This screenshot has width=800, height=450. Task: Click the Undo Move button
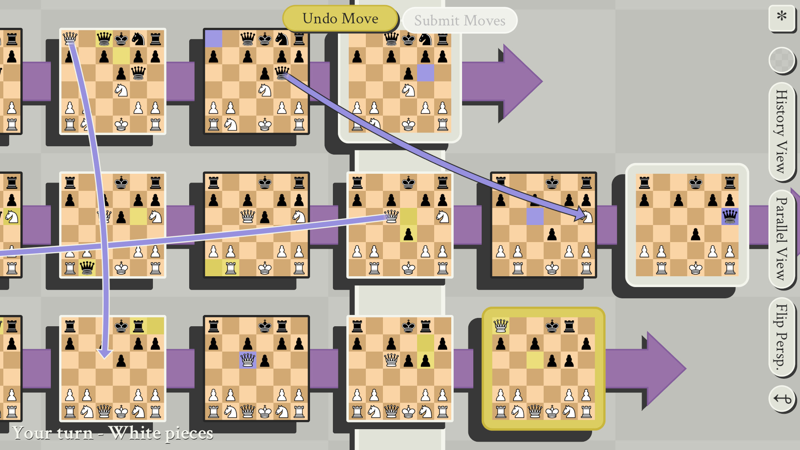tap(340, 19)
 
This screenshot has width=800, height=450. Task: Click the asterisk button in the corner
tap(782, 17)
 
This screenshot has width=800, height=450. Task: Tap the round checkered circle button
tap(781, 60)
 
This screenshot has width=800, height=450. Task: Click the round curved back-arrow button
tap(782, 399)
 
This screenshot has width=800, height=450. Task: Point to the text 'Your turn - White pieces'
tap(113, 433)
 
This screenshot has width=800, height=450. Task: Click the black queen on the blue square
tap(730, 217)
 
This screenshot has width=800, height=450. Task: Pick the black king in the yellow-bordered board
tap(552, 326)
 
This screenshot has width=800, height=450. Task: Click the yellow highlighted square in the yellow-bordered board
tap(535, 360)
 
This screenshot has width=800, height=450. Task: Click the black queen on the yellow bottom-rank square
tap(87, 268)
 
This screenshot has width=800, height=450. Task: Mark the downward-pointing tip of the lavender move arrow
tap(105, 355)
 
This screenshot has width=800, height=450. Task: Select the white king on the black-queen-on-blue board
tap(695, 268)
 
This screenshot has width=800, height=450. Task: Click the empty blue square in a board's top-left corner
tap(213, 39)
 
